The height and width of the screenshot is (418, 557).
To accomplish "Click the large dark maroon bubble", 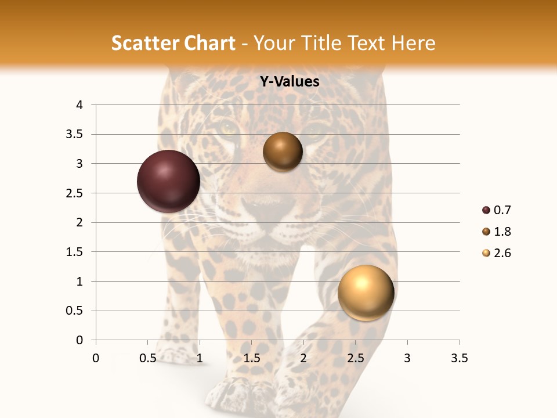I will coord(168,181).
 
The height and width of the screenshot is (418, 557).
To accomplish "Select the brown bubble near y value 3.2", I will coord(283,152).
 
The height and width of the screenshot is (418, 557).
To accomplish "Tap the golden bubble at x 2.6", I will coord(366,293).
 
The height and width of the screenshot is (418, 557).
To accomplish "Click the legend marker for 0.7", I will coord(486,210).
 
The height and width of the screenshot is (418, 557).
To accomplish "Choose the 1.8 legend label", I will coord(502,232).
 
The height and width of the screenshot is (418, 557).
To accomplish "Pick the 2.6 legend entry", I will coord(502,253).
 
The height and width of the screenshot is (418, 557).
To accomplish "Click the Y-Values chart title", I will coord(289,82).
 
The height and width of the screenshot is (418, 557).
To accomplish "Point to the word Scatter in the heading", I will coord(144,44).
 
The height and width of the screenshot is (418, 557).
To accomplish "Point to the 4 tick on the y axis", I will coord(80,105).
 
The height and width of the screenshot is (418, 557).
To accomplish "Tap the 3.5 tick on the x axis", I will coord(459,358).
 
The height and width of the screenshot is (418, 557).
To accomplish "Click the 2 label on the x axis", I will coord(303,358).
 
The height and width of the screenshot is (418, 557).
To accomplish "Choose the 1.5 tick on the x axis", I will coord(251,358).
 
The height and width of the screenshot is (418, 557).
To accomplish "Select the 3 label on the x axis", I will coord(407,358).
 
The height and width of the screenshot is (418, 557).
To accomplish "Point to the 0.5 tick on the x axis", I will coord(147,358).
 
